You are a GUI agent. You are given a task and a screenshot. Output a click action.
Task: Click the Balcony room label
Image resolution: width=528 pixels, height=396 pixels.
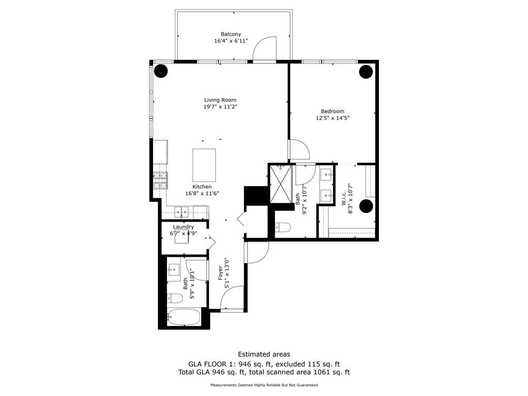(230, 34)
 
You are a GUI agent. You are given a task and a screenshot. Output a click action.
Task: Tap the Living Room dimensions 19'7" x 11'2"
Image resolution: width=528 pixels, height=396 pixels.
(220, 107)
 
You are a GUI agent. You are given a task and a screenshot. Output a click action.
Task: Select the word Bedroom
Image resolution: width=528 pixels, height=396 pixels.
(332, 111)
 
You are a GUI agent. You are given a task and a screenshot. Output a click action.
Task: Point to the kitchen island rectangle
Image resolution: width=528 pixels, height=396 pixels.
(204, 165)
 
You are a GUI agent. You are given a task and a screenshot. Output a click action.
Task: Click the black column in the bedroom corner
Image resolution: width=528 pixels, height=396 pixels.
(366, 71)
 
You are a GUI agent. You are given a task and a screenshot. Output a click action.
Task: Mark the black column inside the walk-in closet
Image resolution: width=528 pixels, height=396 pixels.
(366, 206)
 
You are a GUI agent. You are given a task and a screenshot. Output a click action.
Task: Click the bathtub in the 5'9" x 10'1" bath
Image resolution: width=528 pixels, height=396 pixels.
(184, 317)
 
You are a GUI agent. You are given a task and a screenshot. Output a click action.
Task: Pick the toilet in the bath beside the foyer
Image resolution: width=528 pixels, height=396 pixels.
(175, 298)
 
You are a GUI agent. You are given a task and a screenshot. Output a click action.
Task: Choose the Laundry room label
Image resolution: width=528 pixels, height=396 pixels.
(184, 227)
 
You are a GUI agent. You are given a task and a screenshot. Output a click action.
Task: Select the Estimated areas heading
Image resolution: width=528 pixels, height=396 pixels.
(263, 354)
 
